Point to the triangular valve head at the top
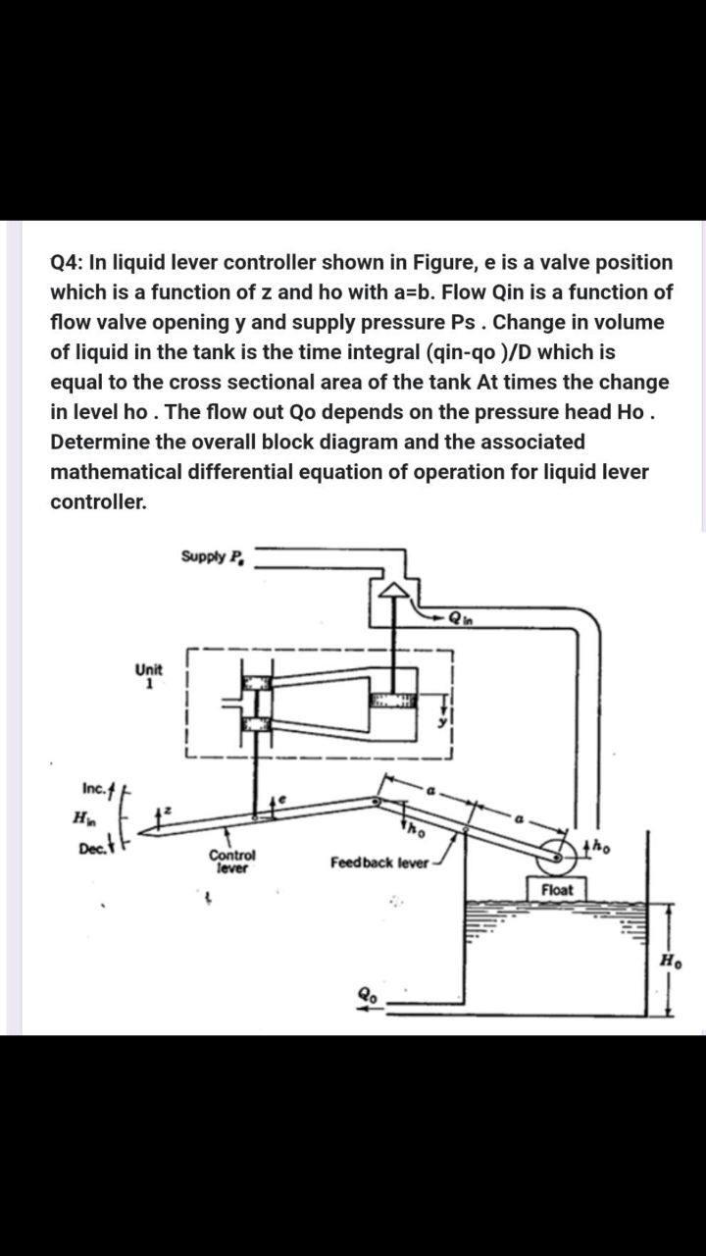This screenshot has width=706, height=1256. click(x=394, y=590)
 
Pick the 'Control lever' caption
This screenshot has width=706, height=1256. click(x=232, y=861)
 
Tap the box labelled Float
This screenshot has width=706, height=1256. click(x=563, y=890)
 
